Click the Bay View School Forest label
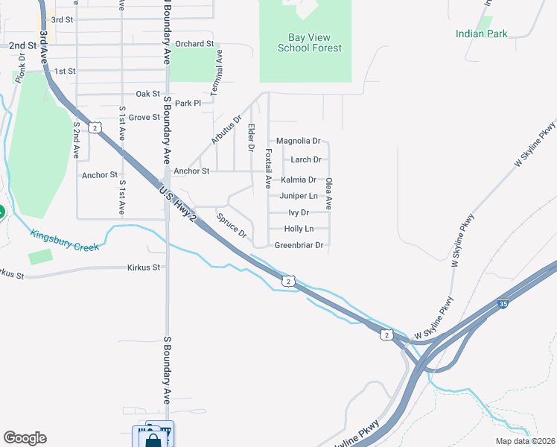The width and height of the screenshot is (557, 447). (x=309, y=43)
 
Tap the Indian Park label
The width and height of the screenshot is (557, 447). (x=482, y=34)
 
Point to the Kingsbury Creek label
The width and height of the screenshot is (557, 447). (x=64, y=240)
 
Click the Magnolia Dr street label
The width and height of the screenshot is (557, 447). (x=298, y=141)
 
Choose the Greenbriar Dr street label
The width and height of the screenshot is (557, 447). (x=299, y=245)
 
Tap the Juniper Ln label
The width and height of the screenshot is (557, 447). (x=299, y=196)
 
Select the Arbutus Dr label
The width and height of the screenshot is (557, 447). (x=226, y=130)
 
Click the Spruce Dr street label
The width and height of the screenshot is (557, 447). (x=232, y=226)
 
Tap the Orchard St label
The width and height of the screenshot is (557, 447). (x=195, y=44)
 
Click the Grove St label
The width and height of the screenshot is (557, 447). (x=144, y=117)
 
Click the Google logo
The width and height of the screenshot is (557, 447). (x=24, y=438)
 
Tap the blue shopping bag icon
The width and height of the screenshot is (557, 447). (x=153, y=439)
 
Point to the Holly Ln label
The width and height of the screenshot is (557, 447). (x=299, y=229)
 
